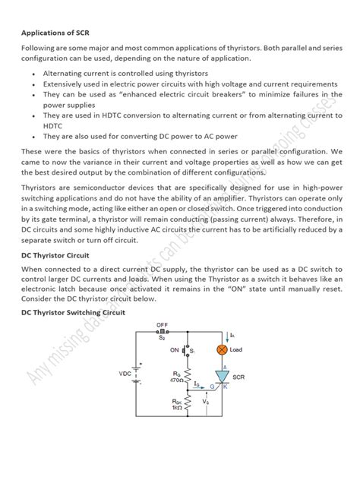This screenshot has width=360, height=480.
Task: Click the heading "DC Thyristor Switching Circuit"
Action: (x=74, y=312)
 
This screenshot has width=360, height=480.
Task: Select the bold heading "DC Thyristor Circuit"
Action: (x=55, y=256)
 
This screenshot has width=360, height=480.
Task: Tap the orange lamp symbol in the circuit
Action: (x=223, y=349)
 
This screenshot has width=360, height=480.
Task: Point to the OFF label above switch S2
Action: (x=162, y=324)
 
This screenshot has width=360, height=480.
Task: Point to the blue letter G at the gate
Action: (x=213, y=387)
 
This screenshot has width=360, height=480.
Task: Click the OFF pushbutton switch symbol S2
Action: (x=162, y=333)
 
